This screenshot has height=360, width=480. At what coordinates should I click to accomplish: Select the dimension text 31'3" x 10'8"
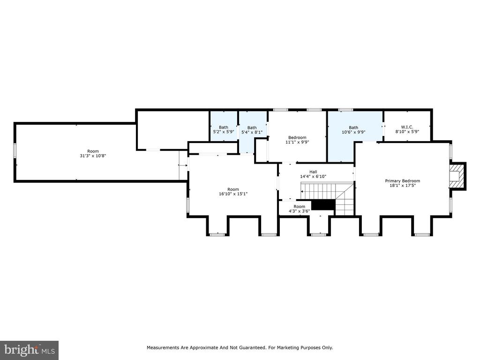(93, 156)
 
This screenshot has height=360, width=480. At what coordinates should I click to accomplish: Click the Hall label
(313, 172)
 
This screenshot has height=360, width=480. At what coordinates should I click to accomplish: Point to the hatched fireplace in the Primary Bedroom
(456, 176)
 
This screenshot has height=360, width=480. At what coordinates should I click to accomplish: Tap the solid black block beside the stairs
(323, 205)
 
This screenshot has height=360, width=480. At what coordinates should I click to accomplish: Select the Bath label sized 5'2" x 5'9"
(224, 129)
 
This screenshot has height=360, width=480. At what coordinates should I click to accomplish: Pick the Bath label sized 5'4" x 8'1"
(252, 130)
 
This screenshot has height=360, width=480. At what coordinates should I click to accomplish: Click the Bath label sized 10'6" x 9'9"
(353, 130)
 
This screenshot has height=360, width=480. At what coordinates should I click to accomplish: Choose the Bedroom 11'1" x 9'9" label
(297, 140)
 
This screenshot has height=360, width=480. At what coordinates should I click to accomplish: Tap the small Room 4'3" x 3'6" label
(299, 209)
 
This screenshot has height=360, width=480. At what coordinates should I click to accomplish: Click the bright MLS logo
(30, 350)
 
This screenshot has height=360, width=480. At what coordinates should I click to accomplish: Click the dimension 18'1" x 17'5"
(402, 185)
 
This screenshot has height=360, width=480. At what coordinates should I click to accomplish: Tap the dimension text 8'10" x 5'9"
(407, 131)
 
